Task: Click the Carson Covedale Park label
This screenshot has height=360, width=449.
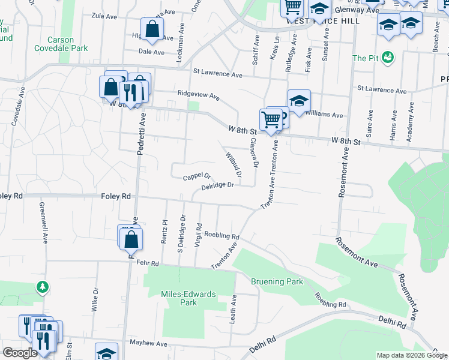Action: [61, 44]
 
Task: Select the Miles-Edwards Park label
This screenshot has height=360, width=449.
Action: [188, 298]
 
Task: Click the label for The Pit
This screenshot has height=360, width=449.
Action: [364, 58]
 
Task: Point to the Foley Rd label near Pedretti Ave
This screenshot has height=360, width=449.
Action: [116, 196]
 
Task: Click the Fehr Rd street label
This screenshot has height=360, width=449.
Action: [147, 263]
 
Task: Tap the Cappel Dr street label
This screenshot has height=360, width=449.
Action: [197, 177]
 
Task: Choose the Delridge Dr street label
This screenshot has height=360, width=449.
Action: [217, 186]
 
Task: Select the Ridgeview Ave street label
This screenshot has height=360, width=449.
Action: [199, 94]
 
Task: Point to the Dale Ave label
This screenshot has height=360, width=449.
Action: [151, 52]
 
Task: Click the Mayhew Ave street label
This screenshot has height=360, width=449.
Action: [149, 344]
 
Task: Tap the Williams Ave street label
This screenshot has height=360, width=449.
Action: [324, 115]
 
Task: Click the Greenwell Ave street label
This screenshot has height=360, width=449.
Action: [43, 221]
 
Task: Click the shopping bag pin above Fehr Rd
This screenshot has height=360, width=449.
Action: [131, 239]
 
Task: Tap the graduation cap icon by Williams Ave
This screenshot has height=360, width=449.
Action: [299, 100]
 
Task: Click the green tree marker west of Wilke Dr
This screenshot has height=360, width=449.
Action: [43, 287]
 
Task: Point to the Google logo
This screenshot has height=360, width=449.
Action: [20, 353]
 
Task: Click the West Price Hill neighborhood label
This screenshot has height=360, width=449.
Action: [322, 20]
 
